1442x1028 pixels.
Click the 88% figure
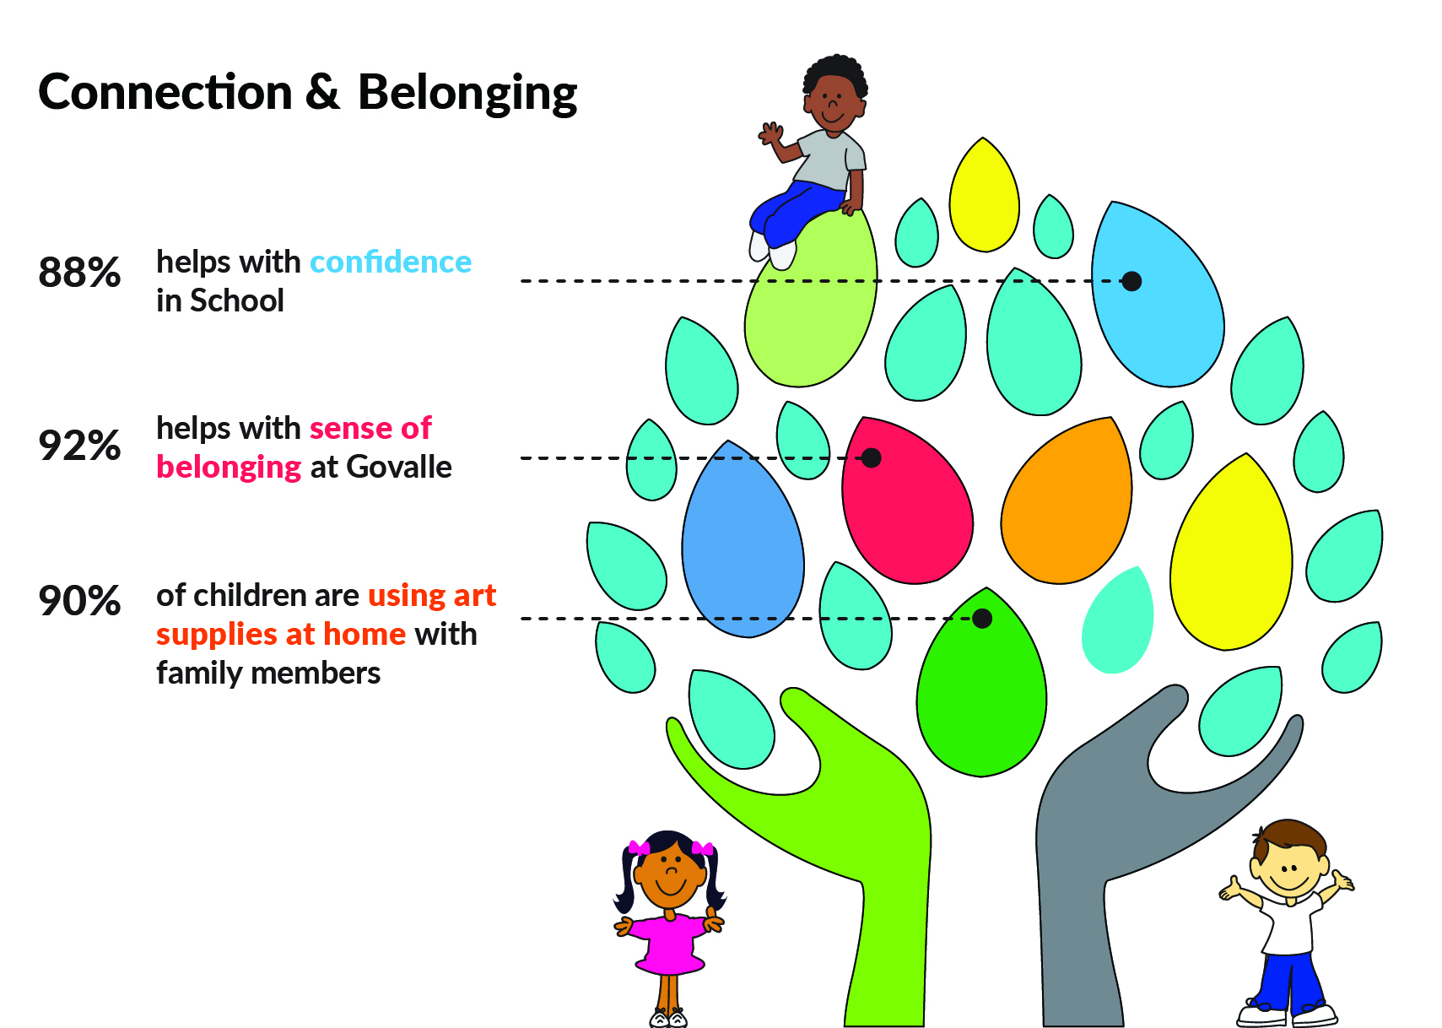point(79,272)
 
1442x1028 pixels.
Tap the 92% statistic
point(79,445)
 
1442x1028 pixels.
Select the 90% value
point(79,600)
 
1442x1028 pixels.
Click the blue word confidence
point(391,262)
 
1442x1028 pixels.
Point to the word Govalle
point(399,467)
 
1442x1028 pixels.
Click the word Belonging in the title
point(467,94)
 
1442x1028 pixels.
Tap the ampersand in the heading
point(322,91)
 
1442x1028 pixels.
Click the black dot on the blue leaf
point(1131,282)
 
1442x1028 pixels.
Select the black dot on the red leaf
point(871,458)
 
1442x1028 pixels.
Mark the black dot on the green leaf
point(981,619)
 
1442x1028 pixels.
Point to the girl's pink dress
point(669,944)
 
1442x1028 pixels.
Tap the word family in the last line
point(200,674)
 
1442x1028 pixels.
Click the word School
point(237,300)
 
